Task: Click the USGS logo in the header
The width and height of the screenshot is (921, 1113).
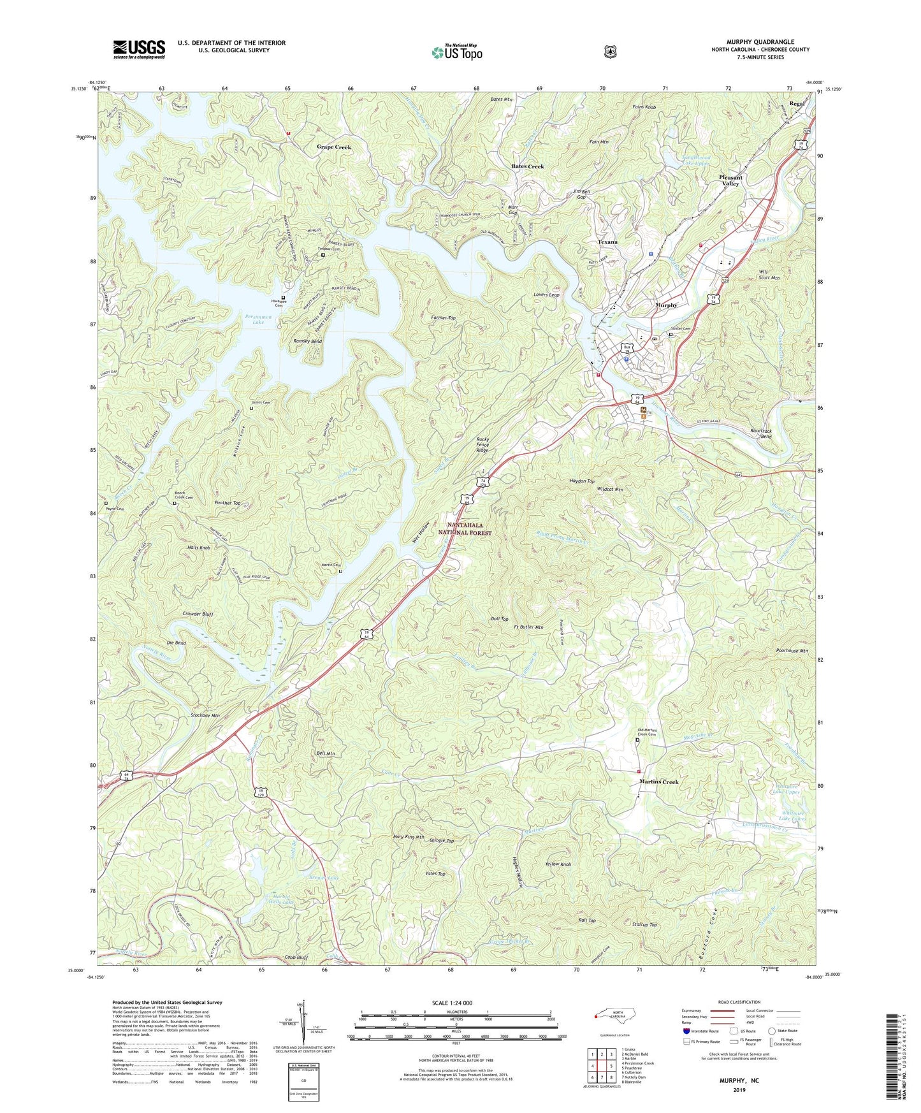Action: [x=139, y=49]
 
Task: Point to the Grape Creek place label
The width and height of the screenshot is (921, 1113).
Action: [x=334, y=147]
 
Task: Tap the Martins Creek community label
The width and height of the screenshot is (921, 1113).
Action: [x=659, y=782]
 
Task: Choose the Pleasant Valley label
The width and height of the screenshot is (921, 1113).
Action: [x=730, y=180]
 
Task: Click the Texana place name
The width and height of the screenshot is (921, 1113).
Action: [x=608, y=242]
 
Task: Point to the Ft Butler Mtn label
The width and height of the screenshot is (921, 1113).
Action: [x=528, y=627]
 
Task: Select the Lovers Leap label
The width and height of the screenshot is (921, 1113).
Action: [x=546, y=295]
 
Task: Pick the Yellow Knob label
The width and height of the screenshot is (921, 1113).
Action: [x=558, y=864]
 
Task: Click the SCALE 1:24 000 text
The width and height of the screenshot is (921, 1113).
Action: [x=452, y=1003]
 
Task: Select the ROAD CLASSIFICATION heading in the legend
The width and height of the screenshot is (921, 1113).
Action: [x=739, y=1002]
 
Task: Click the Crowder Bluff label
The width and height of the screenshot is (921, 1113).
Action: [x=198, y=615]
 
